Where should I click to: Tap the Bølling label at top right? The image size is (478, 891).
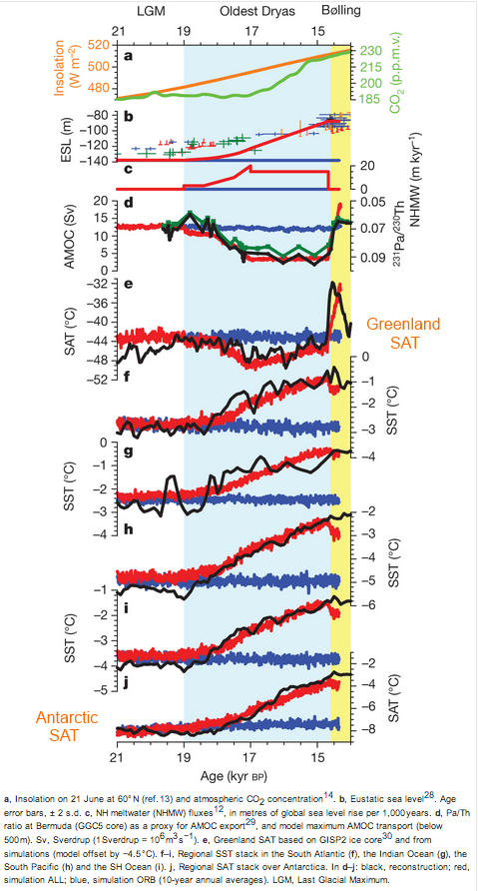click(342, 9)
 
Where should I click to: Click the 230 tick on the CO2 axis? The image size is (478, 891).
click(370, 51)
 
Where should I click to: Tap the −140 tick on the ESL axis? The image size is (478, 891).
click(95, 160)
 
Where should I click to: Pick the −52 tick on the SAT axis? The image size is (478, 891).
click(98, 380)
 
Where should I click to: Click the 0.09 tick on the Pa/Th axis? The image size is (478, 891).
click(373, 259)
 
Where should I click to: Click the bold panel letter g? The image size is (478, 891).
click(127, 450)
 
